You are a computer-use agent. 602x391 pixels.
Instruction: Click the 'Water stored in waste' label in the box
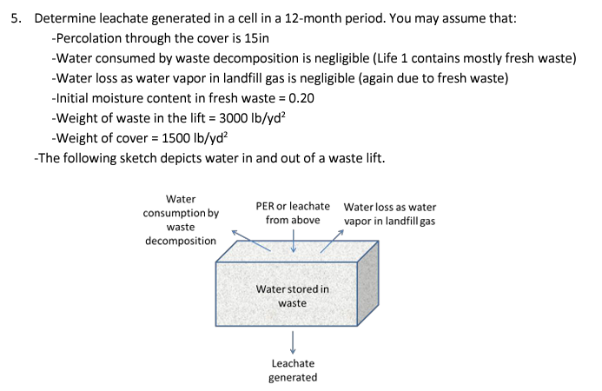(x=293, y=295)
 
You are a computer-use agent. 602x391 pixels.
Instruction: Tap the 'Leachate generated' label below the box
(x=293, y=370)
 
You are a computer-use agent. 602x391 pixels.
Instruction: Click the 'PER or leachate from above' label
(x=293, y=213)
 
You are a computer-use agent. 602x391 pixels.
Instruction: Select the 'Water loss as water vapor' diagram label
(x=389, y=214)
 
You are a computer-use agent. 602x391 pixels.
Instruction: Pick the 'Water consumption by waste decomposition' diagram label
(x=181, y=220)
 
